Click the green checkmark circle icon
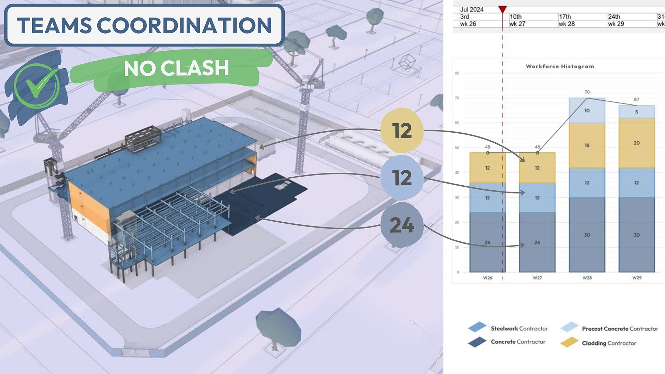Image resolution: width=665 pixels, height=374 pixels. pyautogui.click(x=36, y=86)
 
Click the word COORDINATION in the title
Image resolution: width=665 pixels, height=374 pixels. pyautogui.click(x=184, y=26)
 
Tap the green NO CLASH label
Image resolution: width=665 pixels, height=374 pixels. pyautogui.click(x=176, y=68)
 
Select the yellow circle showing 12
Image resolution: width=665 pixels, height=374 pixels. pyautogui.click(x=402, y=131)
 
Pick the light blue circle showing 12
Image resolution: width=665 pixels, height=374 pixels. pyautogui.click(x=402, y=178)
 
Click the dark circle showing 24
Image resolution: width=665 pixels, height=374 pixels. pyautogui.click(x=402, y=225)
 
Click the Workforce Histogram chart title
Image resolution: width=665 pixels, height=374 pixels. pyautogui.click(x=560, y=66)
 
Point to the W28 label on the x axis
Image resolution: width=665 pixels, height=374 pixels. pyautogui.click(x=587, y=278)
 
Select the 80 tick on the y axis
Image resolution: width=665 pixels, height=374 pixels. pyautogui.click(x=457, y=73)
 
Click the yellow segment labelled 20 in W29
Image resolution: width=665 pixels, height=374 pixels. pyautogui.click(x=637, y=143)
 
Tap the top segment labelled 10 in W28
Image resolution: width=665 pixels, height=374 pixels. pyautogui.click(x=587, y=110)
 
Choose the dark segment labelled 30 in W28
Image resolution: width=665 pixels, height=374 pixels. pyautogui.click(x=587, y=235)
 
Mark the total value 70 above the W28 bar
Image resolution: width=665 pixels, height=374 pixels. pyautogui.click(x=587, y=92)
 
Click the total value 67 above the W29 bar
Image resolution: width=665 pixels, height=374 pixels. pyautogui.click(x=637, y=100)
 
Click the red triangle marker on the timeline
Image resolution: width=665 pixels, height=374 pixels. pyautogui.click(x=503, y=9)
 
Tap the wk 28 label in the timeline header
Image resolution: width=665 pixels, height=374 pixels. pyautogui.click(x=567, y=24)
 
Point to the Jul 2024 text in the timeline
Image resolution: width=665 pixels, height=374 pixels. pyautogui.click(x=472, y=10)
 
